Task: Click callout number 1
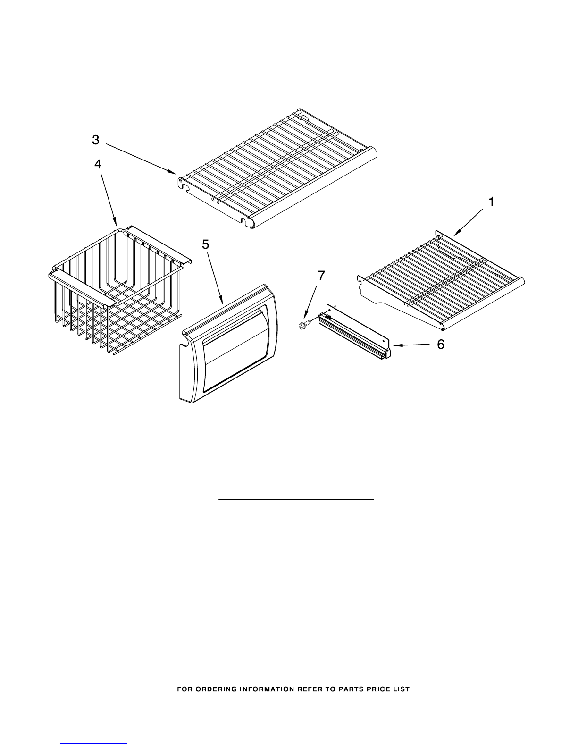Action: [491, 202]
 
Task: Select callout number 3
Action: [96, 140]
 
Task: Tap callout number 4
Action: [98, 164]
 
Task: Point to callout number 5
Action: [206, 244]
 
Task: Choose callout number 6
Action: [440, 345]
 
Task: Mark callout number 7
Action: [321, 276]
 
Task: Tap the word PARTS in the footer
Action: [351, 689]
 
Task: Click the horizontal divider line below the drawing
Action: [296, 499]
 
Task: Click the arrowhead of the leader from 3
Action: [175, 173]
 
